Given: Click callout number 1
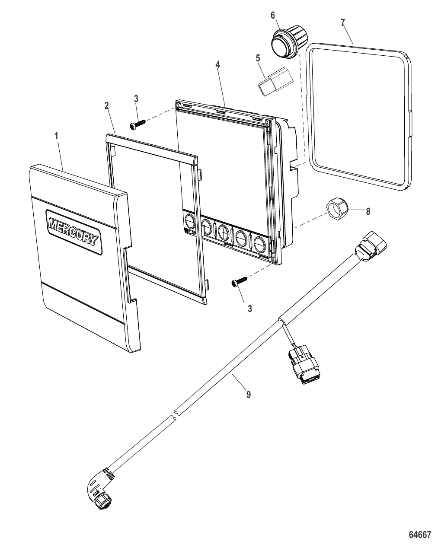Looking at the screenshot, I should (x=56, y=135).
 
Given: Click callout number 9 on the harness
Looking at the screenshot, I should (x=248, y=394).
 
